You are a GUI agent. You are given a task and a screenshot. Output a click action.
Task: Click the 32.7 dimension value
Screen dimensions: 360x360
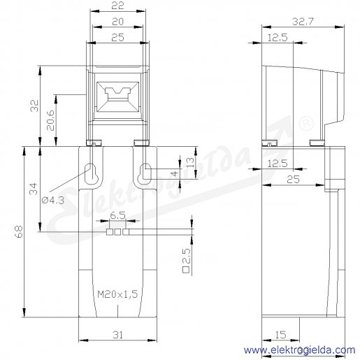coord(303,22)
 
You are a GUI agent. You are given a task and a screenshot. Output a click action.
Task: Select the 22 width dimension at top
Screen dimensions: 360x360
coord(117,6)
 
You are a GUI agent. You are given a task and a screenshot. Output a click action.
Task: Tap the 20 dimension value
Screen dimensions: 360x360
coord(117,22)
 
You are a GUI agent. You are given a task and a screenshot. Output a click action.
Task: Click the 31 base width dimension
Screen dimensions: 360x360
coord(117,335)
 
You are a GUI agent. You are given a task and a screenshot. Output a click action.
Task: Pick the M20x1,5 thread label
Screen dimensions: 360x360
coord(117,294)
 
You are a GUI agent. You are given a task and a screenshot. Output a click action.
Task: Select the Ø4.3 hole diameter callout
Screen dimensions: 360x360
coord(53,200)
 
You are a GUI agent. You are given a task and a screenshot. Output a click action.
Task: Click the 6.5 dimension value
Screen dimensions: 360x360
coord(117,215)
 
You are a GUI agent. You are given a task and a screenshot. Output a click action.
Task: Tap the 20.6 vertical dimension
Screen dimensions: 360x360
coord(50,120)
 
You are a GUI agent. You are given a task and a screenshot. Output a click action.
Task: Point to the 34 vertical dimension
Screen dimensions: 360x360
coord(34,189)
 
